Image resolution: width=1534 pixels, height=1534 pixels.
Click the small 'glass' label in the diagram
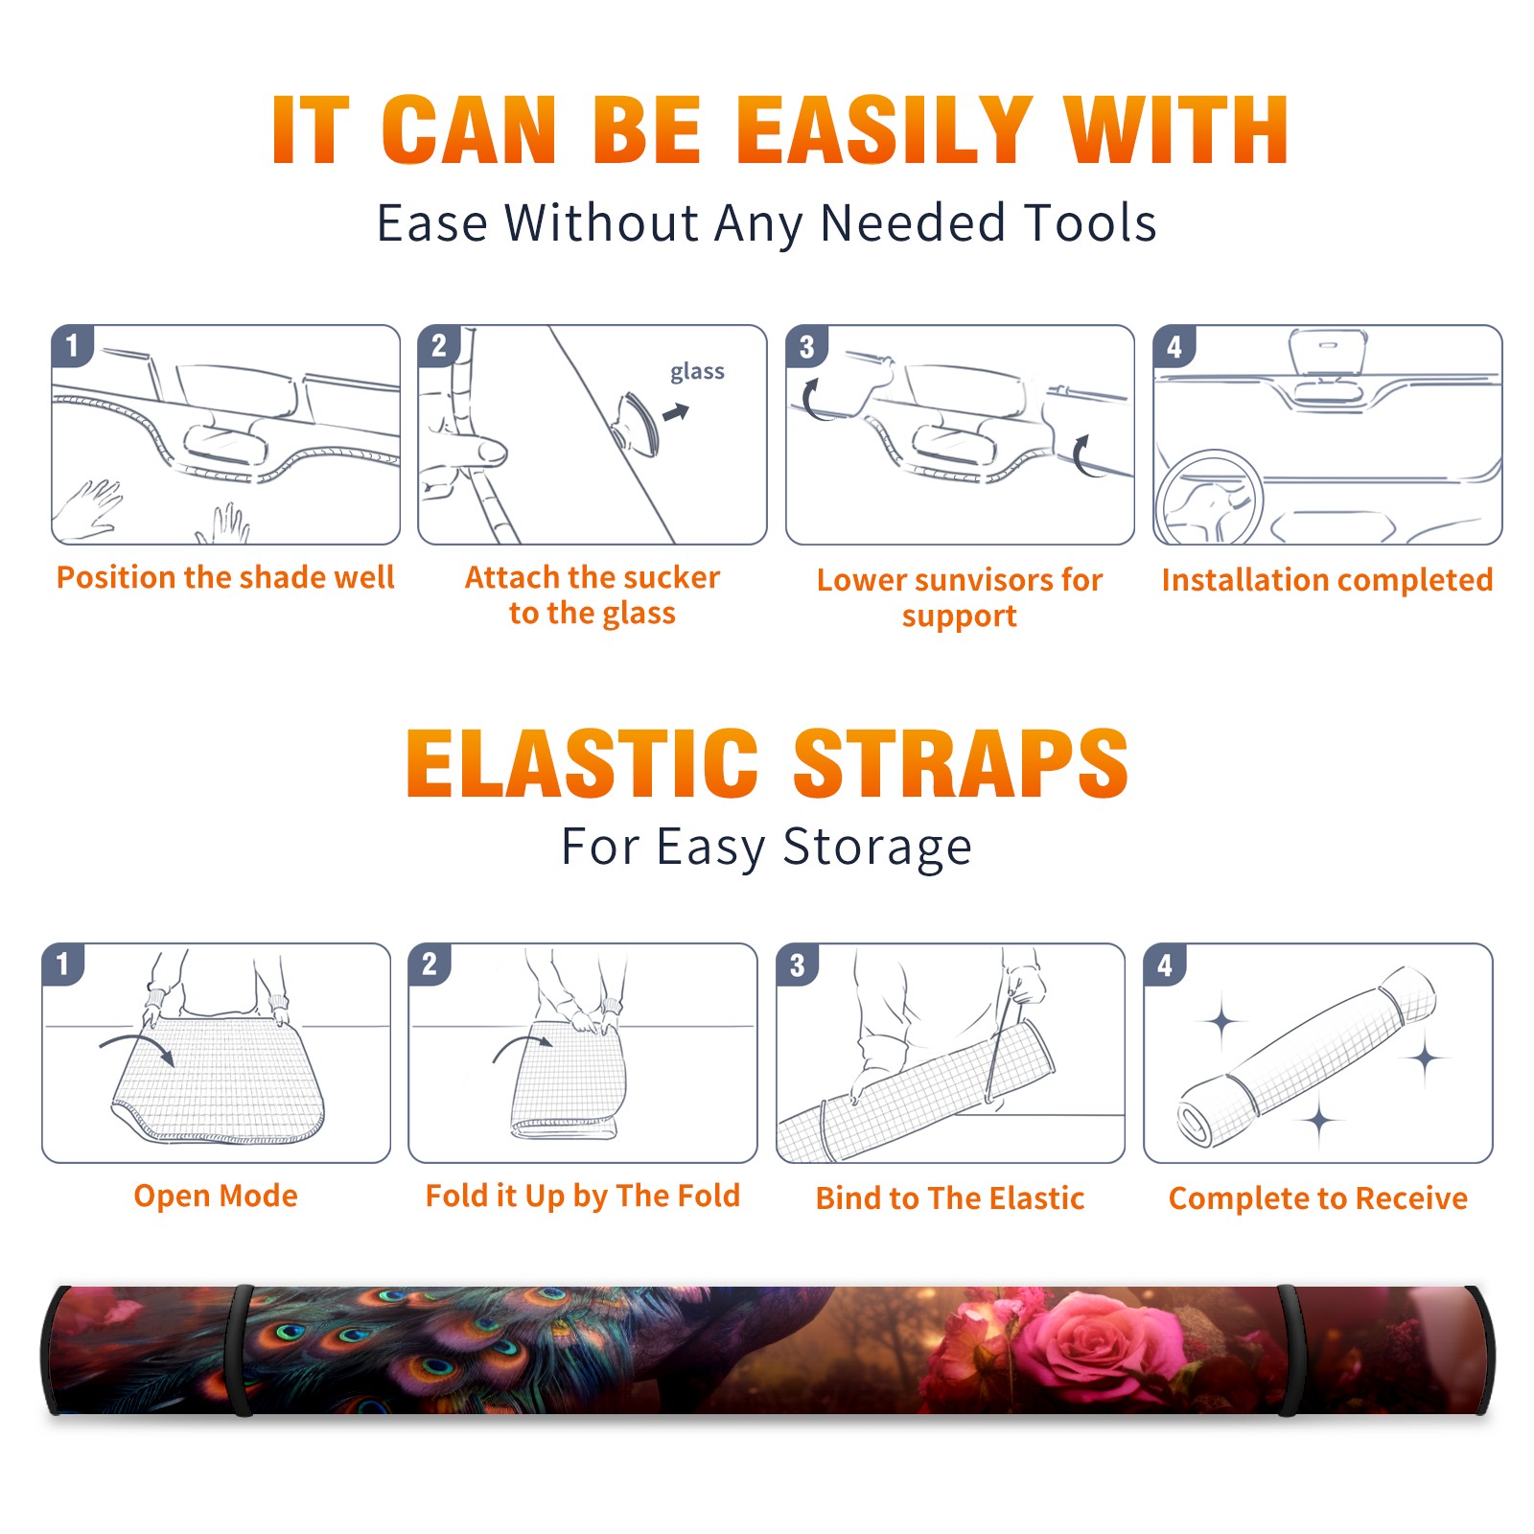[697, 372]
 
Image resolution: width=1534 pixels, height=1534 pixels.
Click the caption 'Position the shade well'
[225, 577]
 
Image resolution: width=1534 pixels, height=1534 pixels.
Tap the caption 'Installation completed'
[1327, 580]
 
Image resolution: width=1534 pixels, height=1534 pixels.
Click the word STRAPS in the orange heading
[961, 763]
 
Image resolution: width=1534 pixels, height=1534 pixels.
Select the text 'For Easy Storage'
[766, 848]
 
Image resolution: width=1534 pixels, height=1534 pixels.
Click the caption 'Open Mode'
[216, 1196]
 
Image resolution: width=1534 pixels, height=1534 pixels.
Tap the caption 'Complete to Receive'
[1318, 1198]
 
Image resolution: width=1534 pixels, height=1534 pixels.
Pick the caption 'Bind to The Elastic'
[950, 1198]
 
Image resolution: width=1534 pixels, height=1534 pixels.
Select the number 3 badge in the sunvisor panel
[807, 347]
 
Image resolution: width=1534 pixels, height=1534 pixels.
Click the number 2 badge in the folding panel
[430, 964]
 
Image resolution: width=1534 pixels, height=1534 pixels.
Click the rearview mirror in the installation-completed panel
[1328, 353]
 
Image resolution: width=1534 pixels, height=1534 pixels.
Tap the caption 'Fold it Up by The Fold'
[583, 1196]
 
